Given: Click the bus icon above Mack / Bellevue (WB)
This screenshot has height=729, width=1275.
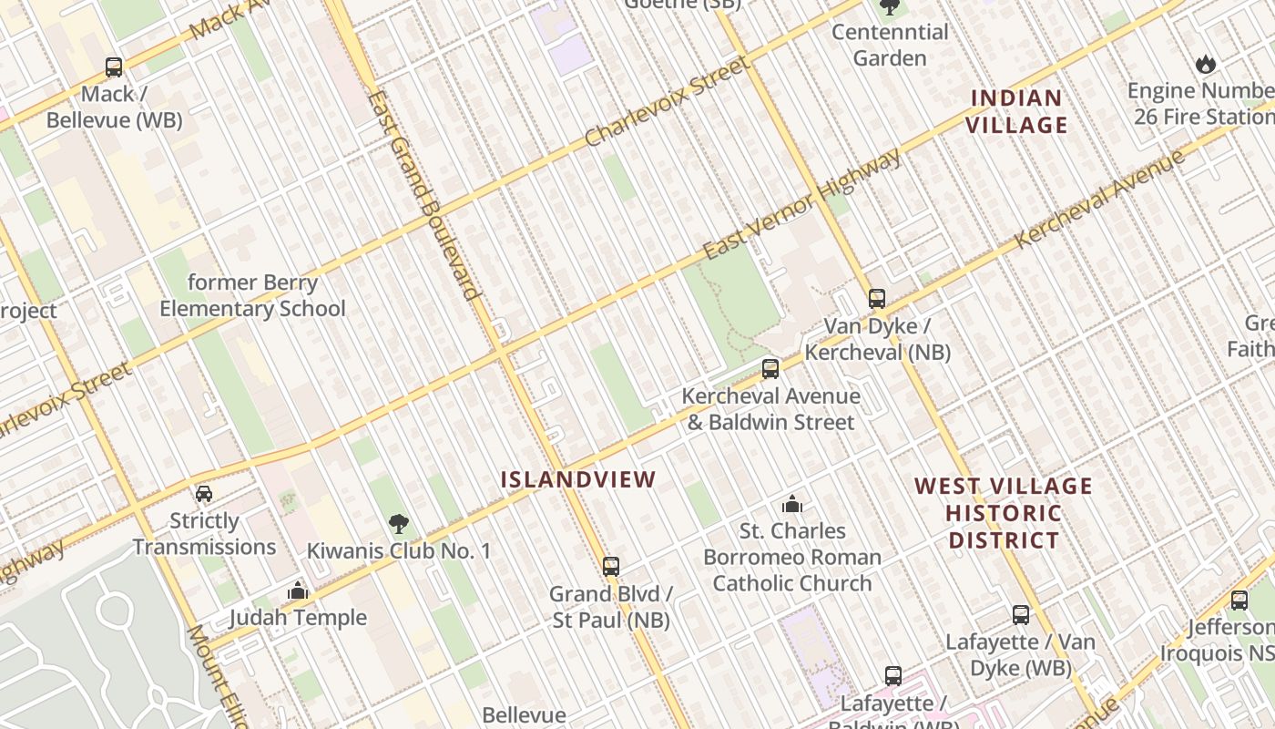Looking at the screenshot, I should [114, 67].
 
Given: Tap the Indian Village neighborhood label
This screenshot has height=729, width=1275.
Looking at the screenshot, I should [1016, 111].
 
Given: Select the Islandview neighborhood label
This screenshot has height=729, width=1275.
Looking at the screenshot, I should [578, 479].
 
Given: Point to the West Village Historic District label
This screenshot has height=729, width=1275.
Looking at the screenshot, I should [1004, 513].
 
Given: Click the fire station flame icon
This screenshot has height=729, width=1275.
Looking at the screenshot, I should [1206, 65].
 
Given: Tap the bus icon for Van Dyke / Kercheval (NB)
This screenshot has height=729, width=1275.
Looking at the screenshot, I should [876, 299].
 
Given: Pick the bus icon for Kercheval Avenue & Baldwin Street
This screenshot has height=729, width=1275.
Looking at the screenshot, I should [770, 369].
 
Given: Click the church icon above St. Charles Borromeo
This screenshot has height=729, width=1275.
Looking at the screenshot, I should [792, 504].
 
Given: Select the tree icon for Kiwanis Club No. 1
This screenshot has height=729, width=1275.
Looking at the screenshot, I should [398, 524].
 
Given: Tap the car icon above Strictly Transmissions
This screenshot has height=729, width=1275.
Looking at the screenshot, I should [204, 494].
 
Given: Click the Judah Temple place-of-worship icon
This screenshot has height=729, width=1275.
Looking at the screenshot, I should [298, 591].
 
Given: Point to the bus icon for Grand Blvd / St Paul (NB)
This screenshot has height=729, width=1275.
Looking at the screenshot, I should [611, 567].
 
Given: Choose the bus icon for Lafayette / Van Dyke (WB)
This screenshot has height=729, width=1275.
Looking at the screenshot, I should [1021, 615].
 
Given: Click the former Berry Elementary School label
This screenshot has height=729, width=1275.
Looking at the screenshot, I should [252, 296].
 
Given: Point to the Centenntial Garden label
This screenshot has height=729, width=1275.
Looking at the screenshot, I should [890, 45].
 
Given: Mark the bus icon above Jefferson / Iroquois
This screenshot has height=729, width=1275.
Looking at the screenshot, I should [1239, 601].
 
